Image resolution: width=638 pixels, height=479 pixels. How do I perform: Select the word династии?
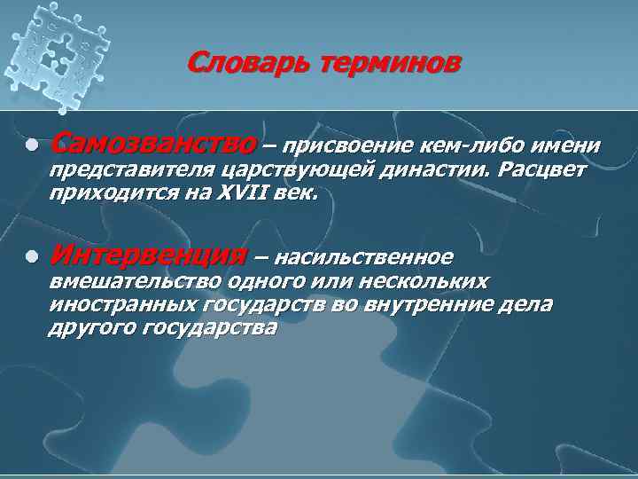click(x=436, y=169)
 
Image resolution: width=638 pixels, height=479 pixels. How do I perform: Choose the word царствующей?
click(x=293, y=169)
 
